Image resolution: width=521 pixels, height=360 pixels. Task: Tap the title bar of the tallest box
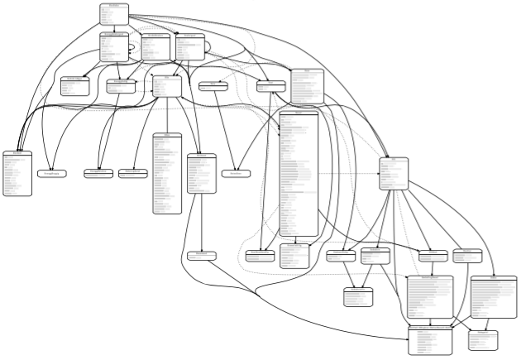pyautogui.click(x=299, y=112)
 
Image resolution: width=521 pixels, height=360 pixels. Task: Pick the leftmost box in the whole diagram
pyautogui.click(x=17, y=173)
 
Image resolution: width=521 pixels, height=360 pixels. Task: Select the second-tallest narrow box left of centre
pyautogui.click(x=166, y=173)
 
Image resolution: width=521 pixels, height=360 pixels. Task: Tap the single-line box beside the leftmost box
pyautogui.click(x=52, y=173)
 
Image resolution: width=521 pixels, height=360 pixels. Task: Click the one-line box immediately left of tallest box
pyautogui.click(x=236, y=173)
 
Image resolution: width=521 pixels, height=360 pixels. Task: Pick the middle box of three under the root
pyautogui.click(x=155, y=47)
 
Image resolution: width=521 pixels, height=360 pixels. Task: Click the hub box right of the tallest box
pyautogui.click(x=394, y=174)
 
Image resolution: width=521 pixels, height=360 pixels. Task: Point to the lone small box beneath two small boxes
pyautogui.click(x=360, y=295)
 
